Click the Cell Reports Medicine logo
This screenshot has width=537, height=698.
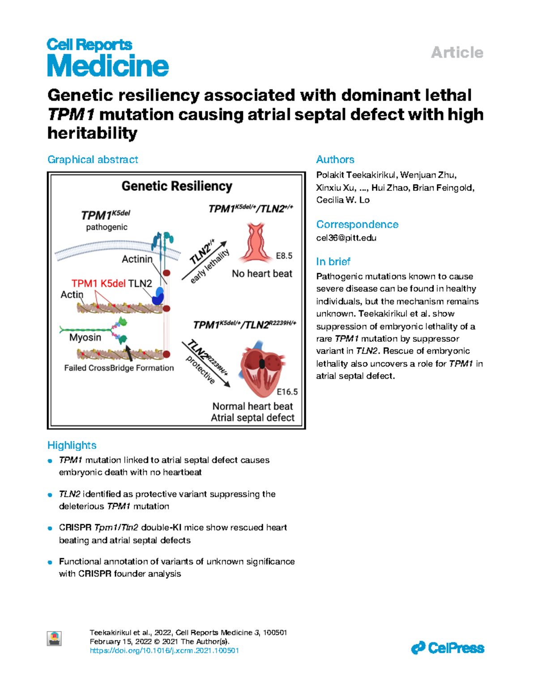(107, 58)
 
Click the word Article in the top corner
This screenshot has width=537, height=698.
(457, 52)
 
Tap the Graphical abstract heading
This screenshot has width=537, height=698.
(93, 159)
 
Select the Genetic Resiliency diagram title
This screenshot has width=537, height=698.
(177, 186)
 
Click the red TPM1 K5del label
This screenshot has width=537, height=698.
(98, 284)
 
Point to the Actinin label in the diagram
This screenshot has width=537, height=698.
(137, 259)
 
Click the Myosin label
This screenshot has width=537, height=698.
(85, 337)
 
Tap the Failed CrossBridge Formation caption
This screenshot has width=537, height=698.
(119, 368)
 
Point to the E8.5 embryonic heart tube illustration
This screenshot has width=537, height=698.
(256, 244)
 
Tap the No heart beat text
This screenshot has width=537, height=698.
(262, 274)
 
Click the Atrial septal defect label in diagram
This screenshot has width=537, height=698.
(252, 418)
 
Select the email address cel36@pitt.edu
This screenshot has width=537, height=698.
(346, 238)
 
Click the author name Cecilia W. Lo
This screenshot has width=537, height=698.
(343, 200)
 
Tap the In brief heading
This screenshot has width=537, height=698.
(333, 262)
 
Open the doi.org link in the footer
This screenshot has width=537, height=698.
(164, 651)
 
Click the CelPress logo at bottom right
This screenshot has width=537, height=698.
(447, 648)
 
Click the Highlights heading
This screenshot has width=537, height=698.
(72, 445)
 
